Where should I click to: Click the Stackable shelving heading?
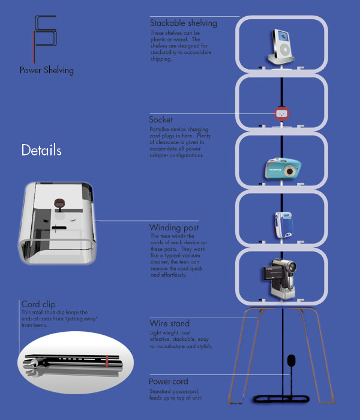(x=183, y=23)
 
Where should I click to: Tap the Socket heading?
(x=161, y=120)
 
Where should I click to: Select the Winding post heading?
(x=174, y=228)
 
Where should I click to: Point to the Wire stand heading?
(x=170, y=324)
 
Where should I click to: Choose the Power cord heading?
(x=169, y=382)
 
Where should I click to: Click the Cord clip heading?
(x=39, y=304)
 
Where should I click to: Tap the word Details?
(x=41, y=150)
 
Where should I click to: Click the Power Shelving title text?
(x=47, y=70)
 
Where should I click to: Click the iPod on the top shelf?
(x=280, y=45)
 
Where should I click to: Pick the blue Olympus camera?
(x=281, y=169)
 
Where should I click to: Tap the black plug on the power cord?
(x=292, y=361)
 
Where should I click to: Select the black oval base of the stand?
(x=281, y=398)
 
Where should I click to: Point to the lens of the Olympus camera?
(x=290, y=172)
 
